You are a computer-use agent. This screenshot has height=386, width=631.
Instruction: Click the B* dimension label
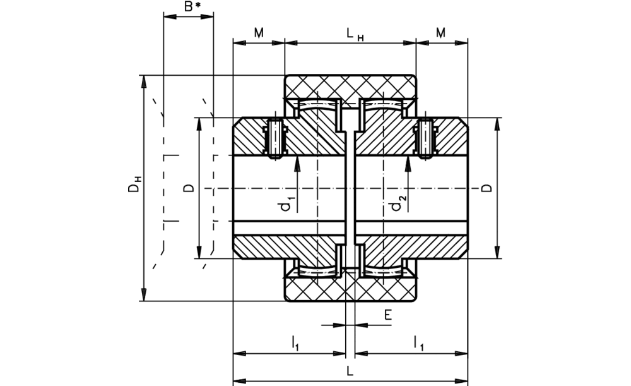192,7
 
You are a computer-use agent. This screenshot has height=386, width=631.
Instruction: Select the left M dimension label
259,33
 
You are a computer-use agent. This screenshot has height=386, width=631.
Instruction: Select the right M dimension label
440,33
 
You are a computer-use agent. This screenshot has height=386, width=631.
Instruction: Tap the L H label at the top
355,34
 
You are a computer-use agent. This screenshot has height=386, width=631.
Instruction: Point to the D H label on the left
134,184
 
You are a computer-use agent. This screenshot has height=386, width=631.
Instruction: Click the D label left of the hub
189,188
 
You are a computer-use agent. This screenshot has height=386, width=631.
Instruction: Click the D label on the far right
487,188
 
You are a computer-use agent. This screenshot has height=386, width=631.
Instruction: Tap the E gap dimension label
387,315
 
